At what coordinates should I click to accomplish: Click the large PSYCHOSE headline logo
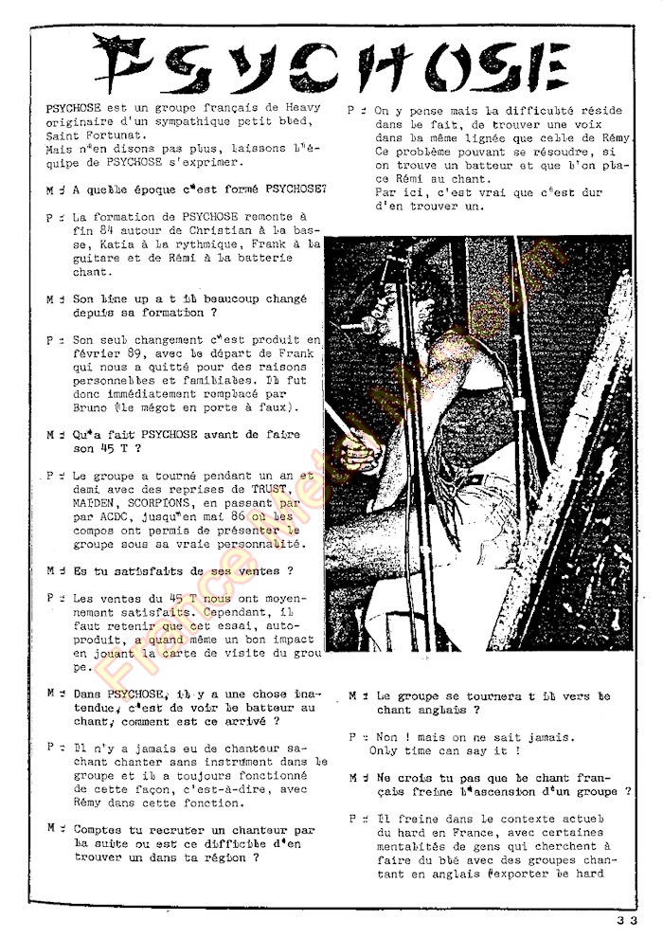pyautogui.click(x=331, y=63)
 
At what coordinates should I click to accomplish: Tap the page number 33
pyautogui.click(x=625, y=917)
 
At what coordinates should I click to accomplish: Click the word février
pyautogui.click(x=72, y=353)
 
